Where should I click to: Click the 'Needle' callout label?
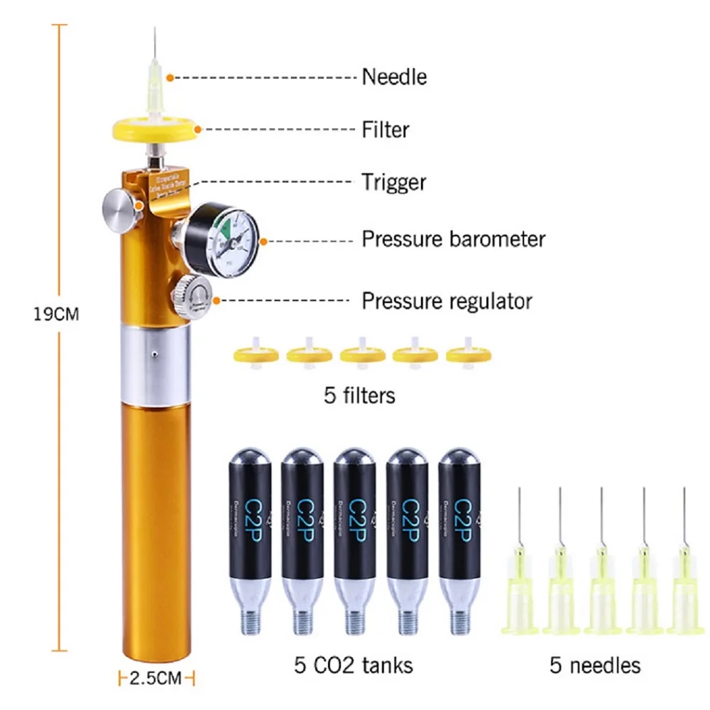pyautogui.click(x=394, y=76)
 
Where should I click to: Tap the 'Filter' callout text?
pyautogui.click(x=385, y=129)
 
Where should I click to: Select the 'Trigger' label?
pyautogui.click(x=393, y=182)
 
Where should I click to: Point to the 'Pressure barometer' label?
pyautogui.click(x=454, y=239)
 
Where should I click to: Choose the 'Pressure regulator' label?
pyautogui.click(x=447, y=300)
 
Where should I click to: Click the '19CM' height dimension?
pyautogui.click(x=57, y=314)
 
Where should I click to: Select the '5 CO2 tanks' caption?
pyautogui.click(x=353, y=665)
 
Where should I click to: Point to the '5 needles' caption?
pyautogui.click(x=595, y=665)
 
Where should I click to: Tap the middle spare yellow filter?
pyautogui.click(x=361, y=353)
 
